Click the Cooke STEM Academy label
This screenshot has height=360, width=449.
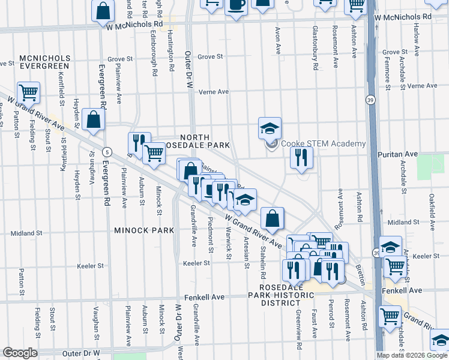click(324, 143)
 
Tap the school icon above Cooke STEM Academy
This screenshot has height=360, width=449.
click(270, 128)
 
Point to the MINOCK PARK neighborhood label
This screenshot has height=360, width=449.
click(143, 230)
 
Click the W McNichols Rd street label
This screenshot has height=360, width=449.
click(134, 26)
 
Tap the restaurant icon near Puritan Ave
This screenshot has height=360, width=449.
click(301, 157)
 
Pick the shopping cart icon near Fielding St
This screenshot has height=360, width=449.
click(28, 92)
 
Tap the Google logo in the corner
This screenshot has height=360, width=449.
click(19, 353)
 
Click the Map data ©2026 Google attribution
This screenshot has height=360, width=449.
click(412, 355)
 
